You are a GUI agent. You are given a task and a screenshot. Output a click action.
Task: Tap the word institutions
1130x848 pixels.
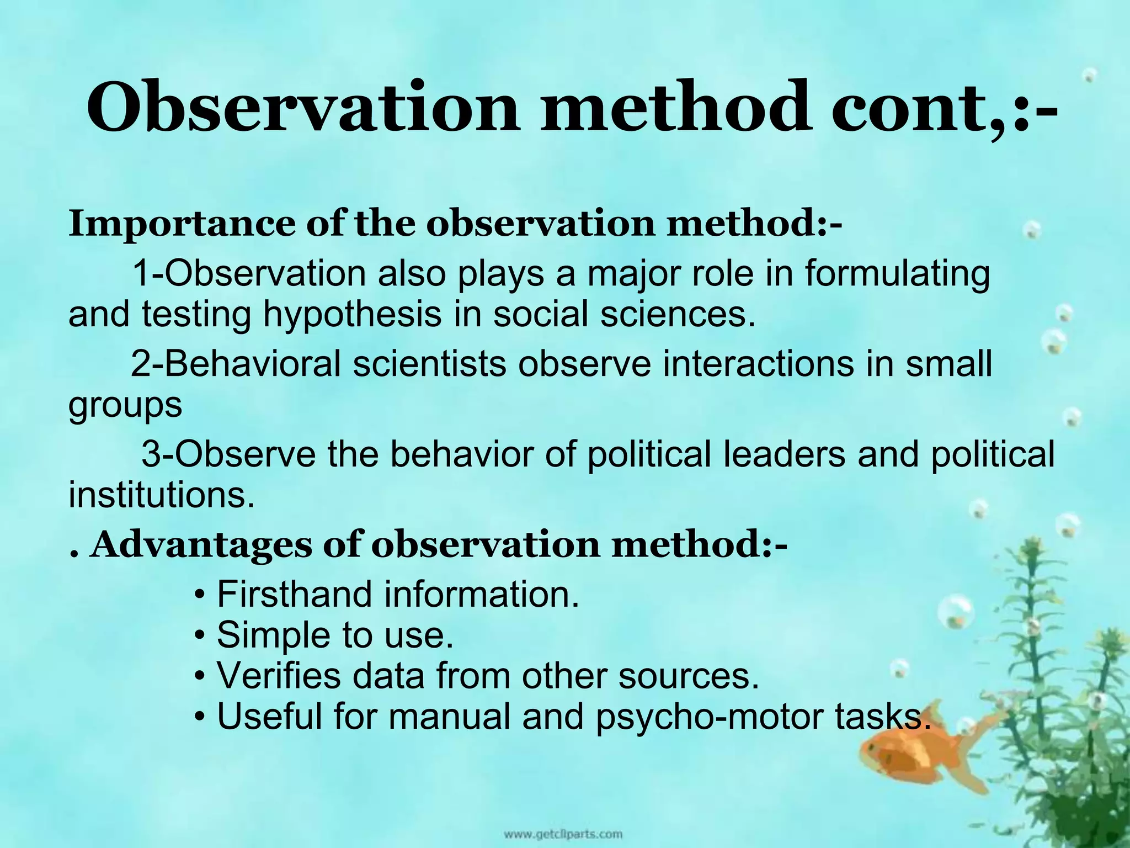[162, 495]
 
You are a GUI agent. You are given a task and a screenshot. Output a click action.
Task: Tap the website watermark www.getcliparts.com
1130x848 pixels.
[563, 834]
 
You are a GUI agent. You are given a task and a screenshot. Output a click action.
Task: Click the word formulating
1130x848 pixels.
[896, 274]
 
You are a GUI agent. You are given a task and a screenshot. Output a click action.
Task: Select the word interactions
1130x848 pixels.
[758, 364]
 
